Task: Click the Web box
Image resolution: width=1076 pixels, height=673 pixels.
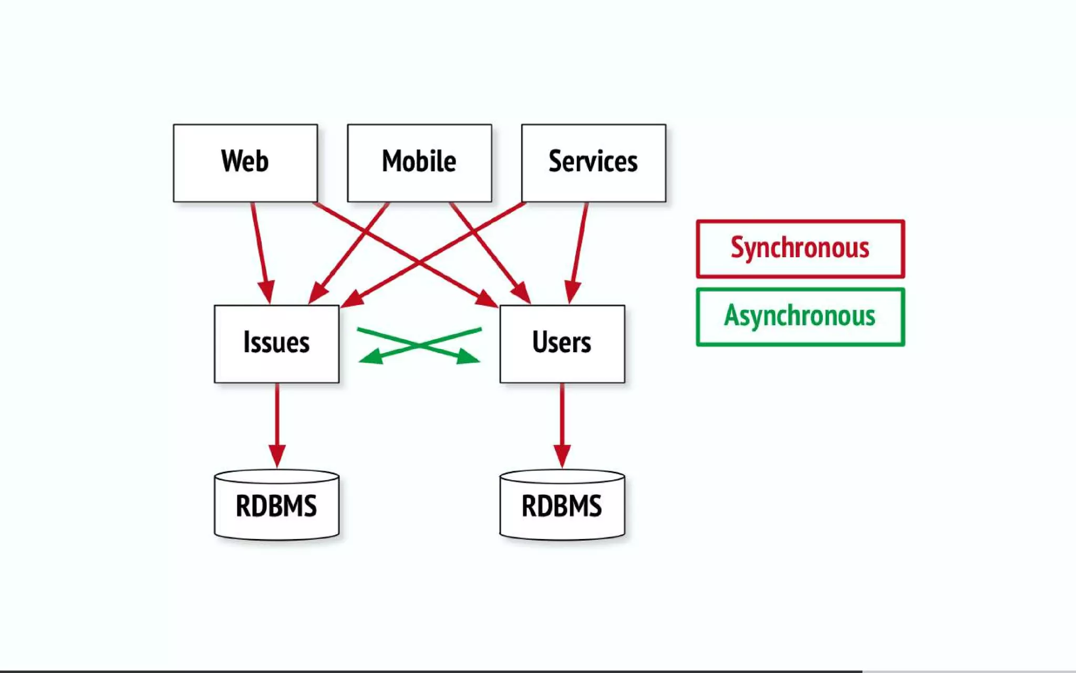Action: [x=245, y=162]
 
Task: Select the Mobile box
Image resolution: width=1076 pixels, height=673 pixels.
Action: [x=419, y=162]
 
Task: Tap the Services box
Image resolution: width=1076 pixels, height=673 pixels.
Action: [x=593, y=162]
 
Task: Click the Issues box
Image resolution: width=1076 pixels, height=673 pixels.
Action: [x=276, y=343]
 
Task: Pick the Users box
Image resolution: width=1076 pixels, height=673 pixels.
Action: [x=562, y=343]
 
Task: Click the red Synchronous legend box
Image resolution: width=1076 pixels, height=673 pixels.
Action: [x=800, y=249]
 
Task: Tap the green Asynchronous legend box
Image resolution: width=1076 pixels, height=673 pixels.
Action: [x=800, y=317]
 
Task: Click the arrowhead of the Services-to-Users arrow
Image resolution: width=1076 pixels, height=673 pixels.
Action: [x=572, y=292]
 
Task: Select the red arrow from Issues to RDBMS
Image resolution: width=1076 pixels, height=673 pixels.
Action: [x=277, y=421]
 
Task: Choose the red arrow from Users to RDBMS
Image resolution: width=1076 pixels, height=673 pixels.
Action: [x=562, y=421]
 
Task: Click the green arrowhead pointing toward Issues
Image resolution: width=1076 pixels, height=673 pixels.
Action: [x=370, y=358]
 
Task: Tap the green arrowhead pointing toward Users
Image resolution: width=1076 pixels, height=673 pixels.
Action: [x=468, y=358]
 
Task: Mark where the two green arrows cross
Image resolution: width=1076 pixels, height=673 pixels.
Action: [x=419, y=345]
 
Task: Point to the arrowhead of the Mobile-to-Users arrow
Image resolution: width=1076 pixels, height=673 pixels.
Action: [x=522, y=293]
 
